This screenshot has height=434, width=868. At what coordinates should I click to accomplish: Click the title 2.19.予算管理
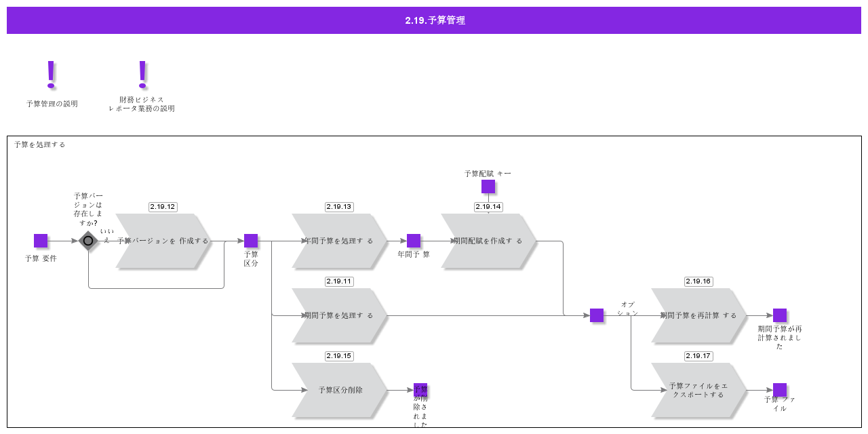[x=434, y=20]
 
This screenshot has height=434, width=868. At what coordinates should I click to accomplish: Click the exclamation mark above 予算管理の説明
[x=51, y=75]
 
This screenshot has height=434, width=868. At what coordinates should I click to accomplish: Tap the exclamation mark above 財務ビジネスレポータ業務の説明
[x=142, y=75]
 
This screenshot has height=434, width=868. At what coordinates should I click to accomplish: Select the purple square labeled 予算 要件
[x=41, y=241]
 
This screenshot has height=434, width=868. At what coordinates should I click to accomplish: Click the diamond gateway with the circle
[x=88, y=241]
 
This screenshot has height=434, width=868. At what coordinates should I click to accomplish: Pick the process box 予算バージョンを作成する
[x=163, y=241]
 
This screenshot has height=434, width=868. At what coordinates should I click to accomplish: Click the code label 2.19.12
[x=163, y=207]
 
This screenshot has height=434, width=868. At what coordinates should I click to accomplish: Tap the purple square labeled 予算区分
[x=251, y=241]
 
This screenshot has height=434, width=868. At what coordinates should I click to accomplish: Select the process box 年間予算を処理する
[x=339, y=241]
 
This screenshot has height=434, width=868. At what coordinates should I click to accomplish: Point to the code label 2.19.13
[x=339, y=207]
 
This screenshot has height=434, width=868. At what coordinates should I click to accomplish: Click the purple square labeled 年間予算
[x=414, y=241]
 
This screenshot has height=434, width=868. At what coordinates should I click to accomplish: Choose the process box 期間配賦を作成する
[x=488, y=241]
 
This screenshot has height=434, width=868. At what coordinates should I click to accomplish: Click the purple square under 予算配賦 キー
[x=488, y=186]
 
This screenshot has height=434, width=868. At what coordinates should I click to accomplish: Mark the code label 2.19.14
[x=488, y=207]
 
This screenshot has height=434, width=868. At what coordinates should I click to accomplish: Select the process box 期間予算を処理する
[x=339, y=315]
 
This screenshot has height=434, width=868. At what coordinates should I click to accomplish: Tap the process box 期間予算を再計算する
[x=698, y=315]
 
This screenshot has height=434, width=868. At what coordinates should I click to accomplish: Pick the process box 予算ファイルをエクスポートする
[x=698, y=390]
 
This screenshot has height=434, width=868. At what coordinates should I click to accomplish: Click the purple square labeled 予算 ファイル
[x=780, y=390]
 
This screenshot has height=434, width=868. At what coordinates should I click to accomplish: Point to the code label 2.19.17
[x=698, y=356]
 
